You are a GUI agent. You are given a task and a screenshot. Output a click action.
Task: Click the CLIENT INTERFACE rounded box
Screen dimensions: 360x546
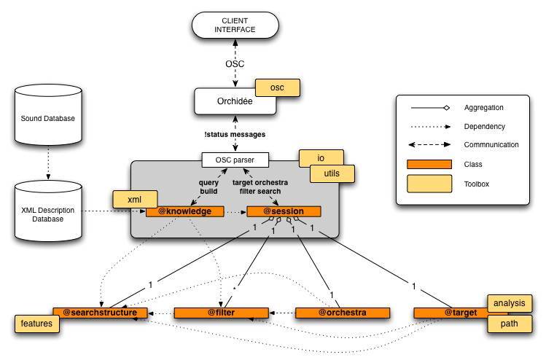tap(234, 26)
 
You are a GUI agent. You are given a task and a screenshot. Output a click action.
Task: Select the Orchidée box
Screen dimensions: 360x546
tap(235, 102)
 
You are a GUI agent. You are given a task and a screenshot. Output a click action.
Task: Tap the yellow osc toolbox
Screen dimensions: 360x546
tap(277, 87)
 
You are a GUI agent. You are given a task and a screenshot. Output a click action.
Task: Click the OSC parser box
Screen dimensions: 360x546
tap(235, 158)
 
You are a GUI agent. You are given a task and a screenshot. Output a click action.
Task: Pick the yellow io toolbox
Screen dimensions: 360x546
tap(321, 158)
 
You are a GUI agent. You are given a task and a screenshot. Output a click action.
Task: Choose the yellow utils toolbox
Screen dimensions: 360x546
tap(332, 173)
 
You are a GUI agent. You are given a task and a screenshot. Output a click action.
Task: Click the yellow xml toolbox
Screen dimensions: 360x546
tap(134, 198)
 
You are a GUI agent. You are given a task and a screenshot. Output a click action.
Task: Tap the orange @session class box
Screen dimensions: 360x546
tap(284, 211)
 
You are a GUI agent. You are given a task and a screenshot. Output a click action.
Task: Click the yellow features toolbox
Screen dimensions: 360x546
tap(36, 323)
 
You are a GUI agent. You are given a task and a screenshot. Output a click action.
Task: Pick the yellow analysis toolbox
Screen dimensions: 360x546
tap(509, 303)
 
